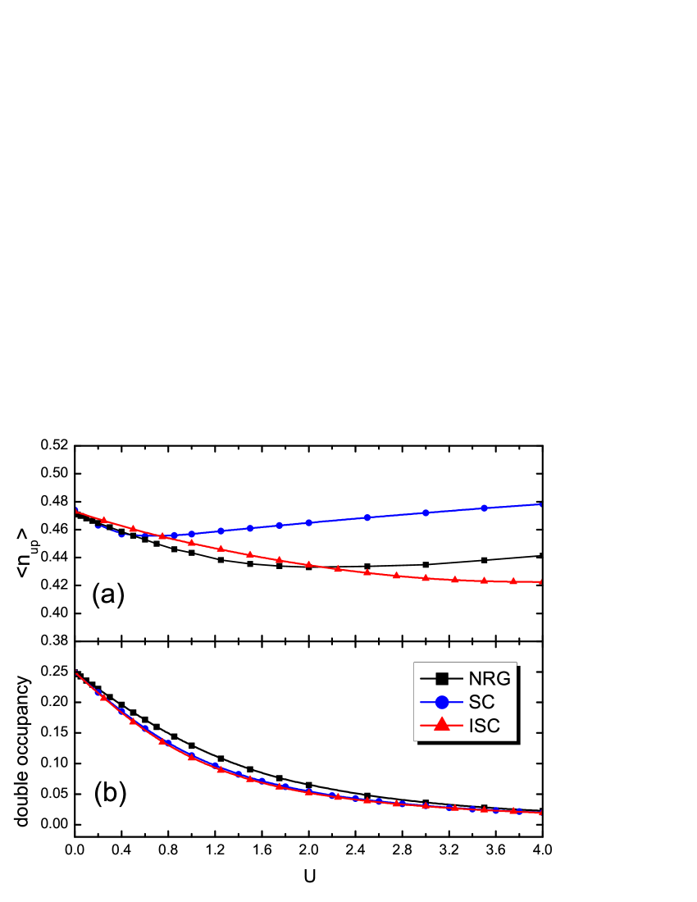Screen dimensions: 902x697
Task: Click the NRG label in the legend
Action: tap(490, 678)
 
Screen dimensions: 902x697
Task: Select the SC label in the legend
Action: tap(481, 702)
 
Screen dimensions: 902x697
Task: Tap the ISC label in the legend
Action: tap(484, 726)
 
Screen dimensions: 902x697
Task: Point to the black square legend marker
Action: tap(442, 678)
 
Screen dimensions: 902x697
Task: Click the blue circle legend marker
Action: tap(442, 702)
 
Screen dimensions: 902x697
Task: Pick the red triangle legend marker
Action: tap(442, 725)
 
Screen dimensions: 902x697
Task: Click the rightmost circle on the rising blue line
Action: tap(484, 508)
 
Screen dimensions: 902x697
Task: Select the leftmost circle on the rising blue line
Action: tap(174, 535)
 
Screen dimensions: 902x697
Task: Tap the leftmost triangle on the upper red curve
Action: tap(103, 520)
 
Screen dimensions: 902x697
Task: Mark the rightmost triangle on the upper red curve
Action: tap(513, 581)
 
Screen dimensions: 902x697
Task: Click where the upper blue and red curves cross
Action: tap(162, 536)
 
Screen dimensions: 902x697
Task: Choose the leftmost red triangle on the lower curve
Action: tap(103, 697)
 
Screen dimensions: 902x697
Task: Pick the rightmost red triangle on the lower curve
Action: tap(513, 810)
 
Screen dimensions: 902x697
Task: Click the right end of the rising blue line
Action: tap(542, 504)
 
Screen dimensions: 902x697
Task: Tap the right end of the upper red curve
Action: tap(542, 581)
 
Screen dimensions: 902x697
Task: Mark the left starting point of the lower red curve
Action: tap(76, 672)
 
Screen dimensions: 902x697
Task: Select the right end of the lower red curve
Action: tap(542, 813)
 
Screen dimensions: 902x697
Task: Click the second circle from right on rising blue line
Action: tap(426, 512)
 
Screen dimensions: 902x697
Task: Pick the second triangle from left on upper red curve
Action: tap(133, 528)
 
